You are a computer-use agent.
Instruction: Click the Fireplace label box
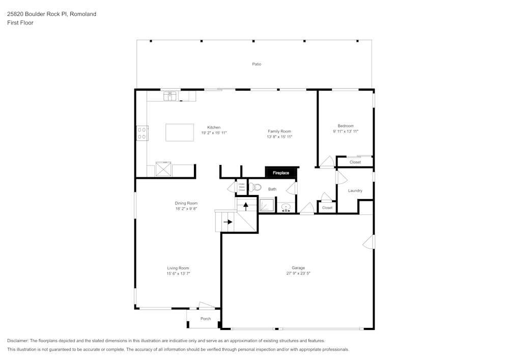(280, 173)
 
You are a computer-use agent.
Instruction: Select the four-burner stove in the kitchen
(142, 133)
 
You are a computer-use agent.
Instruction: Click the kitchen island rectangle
(180, 132)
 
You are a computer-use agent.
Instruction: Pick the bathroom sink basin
(286, 207)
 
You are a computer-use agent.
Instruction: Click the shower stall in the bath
(266, 206)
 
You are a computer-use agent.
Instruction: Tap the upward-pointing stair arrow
(246, 206)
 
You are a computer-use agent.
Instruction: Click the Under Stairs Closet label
(241, 187)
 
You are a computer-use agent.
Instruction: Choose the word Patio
(257, 64)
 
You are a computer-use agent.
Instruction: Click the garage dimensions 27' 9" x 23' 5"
(298, 273)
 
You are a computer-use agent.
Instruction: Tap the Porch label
(205, 319)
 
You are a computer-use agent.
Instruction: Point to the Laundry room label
(355, 191)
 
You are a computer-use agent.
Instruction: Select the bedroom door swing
(327, 162)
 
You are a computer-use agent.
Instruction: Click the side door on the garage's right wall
(369, 242)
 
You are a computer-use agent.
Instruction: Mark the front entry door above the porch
(206, 306)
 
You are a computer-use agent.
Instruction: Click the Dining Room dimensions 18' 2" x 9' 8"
(186, 209)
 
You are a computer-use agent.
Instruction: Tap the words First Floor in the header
(20, 23)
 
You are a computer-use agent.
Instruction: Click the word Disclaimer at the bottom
(18, 341)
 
